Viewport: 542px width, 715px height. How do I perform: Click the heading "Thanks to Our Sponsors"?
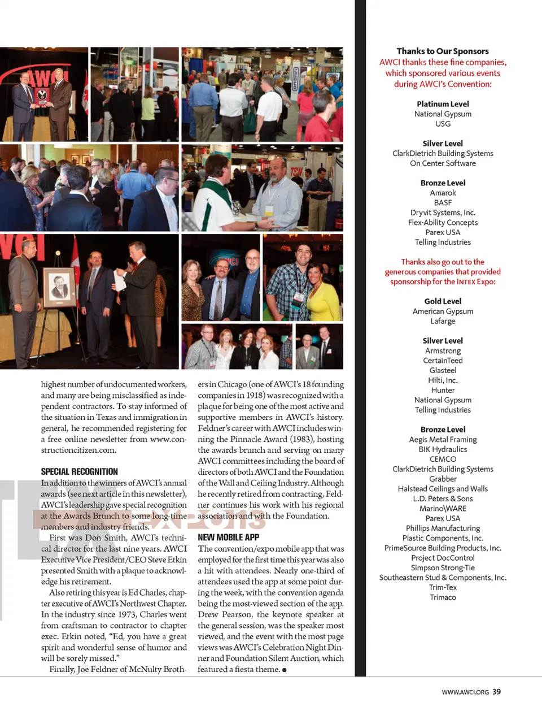point(443,51)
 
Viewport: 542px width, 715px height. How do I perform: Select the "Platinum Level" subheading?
point(443,104)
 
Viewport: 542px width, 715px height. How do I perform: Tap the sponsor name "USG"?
point(443,124)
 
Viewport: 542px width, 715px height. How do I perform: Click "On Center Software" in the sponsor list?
point(443,163)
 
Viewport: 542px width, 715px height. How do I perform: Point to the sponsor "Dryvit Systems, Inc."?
point(443,213)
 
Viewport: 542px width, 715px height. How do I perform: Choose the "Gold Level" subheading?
point(443,301)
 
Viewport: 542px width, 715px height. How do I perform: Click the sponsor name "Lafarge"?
point(443,321)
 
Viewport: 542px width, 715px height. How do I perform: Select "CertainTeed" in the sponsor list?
point(443,361)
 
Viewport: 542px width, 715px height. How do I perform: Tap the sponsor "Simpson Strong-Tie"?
point(443,567)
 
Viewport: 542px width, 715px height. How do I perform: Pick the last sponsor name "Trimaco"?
point(443,597)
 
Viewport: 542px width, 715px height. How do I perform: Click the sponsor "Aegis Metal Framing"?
point(443,439)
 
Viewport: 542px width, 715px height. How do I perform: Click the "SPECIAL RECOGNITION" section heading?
point(80,471)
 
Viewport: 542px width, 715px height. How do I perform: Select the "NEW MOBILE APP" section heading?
point(228,538)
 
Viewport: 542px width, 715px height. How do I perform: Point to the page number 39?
point(496,692)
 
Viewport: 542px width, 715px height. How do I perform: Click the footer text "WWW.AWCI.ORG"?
point(465,692)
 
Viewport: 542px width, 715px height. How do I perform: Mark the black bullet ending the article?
point(284,670)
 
